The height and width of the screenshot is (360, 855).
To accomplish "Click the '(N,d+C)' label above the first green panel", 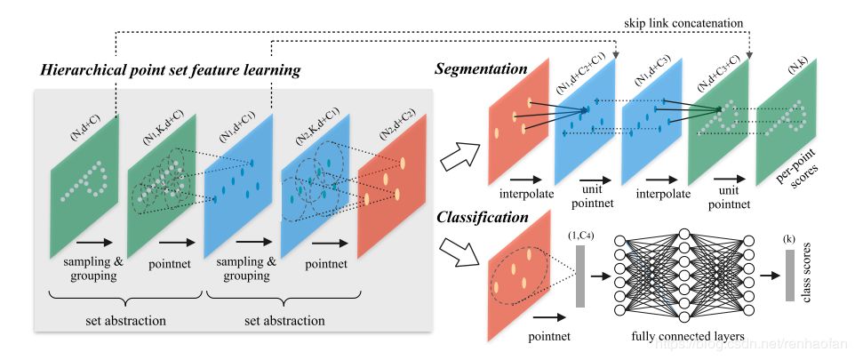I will click(x=84, y=128).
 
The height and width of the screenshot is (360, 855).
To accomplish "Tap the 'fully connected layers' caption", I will click(x=683, y=338).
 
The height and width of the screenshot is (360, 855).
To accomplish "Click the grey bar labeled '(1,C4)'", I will click(x=581, y=276).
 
